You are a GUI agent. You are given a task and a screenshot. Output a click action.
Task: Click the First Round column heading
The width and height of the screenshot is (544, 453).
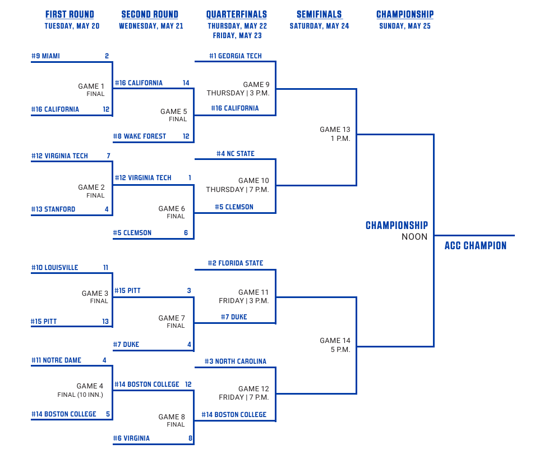click(70, 15)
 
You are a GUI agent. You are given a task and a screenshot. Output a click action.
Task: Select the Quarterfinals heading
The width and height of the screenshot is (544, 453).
click(237, 15)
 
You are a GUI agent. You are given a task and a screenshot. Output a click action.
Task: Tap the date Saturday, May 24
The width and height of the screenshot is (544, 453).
click(319, 26)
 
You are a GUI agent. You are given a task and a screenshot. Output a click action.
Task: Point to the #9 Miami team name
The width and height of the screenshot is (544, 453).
click(45, 56)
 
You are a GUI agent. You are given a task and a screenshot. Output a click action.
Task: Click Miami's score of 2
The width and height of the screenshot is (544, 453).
click(107, 56)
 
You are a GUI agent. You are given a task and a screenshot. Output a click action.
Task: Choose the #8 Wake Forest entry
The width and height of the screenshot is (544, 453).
click(140, 136)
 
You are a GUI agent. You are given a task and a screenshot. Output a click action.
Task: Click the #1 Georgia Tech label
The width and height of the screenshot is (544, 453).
click(236, 56)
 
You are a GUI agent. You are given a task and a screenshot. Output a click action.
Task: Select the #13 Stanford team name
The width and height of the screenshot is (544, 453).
click(53, 209)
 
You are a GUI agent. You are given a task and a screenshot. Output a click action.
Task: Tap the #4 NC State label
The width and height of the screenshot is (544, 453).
click(236, 153)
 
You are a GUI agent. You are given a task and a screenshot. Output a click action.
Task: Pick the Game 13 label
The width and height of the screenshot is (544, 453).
click(335, 130)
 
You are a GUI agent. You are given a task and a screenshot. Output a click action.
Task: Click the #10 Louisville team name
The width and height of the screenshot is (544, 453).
click(55, 267)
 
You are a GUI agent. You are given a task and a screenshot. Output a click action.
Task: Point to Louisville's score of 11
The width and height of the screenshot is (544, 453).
click(106, 267)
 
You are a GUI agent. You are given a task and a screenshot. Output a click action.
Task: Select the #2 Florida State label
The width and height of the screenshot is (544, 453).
click(236, 263)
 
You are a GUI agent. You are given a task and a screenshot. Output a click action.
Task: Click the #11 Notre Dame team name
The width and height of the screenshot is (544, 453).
click(56, 360)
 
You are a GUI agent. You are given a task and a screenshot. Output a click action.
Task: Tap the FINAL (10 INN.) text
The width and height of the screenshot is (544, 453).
click(80, 395)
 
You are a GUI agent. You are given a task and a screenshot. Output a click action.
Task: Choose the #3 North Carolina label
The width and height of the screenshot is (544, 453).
click(236, 362)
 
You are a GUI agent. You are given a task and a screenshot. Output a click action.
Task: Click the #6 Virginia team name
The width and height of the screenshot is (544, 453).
click(131, 438)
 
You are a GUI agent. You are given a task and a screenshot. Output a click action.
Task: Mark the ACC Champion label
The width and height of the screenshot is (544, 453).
click(476, 246)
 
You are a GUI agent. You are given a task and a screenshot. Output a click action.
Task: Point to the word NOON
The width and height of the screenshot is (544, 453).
click(414, 237)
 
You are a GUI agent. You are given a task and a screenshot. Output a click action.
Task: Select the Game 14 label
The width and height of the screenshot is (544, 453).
click(335, 341)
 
